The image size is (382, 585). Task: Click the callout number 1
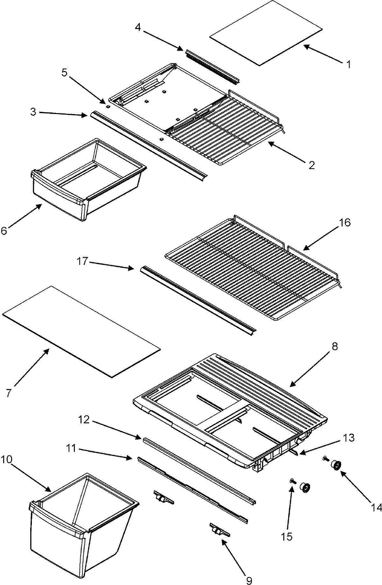click(x=349, y=65)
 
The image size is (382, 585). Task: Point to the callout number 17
click(x=82, y=263)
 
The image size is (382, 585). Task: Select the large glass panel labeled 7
click(x=81, y=330)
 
